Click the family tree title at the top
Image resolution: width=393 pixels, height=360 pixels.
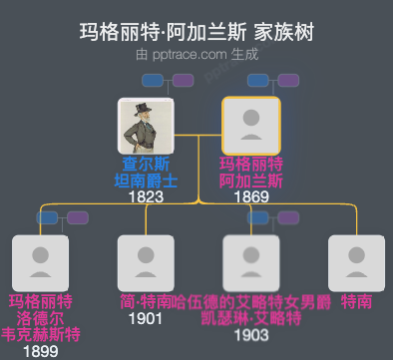196,32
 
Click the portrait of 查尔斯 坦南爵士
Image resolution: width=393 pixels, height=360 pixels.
146,126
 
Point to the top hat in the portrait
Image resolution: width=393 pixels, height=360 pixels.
146,107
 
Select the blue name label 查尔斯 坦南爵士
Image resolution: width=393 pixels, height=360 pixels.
146,173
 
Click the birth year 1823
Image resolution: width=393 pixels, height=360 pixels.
146,196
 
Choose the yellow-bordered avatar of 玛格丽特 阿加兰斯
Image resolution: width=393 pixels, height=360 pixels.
250,126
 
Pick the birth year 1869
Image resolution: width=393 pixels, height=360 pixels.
250,196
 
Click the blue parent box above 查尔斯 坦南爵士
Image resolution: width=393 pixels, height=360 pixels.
154,80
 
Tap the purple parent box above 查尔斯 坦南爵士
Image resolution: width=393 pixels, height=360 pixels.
180,80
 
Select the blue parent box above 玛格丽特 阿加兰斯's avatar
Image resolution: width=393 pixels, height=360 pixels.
257,80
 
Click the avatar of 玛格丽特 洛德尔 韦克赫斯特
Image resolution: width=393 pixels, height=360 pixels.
40,263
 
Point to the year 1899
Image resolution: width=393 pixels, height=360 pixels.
40,350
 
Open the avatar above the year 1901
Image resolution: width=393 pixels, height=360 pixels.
146,263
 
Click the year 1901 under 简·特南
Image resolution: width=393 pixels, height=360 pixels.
146,318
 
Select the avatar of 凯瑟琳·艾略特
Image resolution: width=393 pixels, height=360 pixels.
250,263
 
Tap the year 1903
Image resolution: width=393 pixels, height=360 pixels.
250,335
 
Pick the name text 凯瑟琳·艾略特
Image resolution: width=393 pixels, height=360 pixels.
250,318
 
